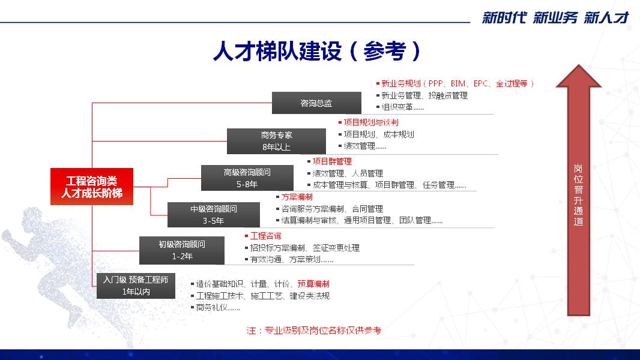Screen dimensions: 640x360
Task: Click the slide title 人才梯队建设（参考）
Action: pyautogui.click(x=317, y=52)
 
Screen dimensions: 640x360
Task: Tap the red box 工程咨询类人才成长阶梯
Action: pyautogui.click(x=92, y=187)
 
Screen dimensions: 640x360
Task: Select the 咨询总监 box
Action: pyautogui.click(x=316, y=103)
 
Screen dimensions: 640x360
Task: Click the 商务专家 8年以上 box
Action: pyautogui.click(x=276, y=141)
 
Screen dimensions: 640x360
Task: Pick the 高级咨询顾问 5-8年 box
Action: pyautogui.click(x=247, y=178)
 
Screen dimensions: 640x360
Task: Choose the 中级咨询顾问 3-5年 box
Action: pyautogui.click(x=214, y=214)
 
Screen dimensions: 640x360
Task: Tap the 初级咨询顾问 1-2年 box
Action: pyautogui.click(x=182, y=250)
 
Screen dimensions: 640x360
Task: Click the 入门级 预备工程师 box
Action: pyautogui.click(x=136, y=286)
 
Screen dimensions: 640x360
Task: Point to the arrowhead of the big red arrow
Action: pyautogui.click(x=579, y=65)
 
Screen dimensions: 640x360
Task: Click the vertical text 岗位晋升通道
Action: pyautogui.click(x=578, y=195)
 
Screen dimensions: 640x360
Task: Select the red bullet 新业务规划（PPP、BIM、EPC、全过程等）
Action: pyautogui.click(x=454, y=83)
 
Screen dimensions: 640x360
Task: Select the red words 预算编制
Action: pyautogui.click(x=313, y=284)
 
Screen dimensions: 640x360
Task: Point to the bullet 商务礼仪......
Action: pyautogui.click(x=216, y=307)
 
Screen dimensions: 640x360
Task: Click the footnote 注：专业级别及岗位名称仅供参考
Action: pyautogui.click(x=313, y=330)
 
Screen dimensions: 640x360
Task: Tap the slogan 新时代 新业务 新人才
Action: pyautogui.click(x=555, y=18)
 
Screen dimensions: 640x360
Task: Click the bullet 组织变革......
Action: pyautogui.click(x=400, y=107)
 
